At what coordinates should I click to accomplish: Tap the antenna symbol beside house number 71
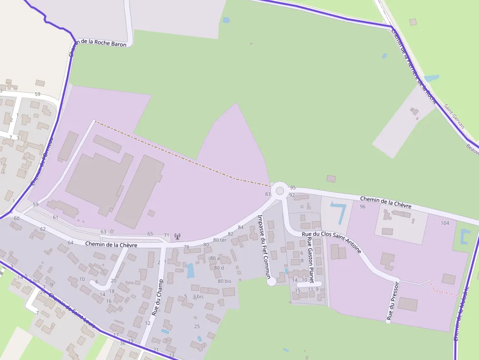(x=177, y=236)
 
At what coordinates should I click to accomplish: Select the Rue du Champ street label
(x=157, y=296)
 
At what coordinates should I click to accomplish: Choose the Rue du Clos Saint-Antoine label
(x=331, y=242)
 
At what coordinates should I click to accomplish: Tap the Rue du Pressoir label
(x=393, y=300)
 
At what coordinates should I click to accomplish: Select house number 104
(x=445, y=223)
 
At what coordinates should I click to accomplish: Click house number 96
(x=362, y=207)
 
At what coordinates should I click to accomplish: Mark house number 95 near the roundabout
(x=293, y=188)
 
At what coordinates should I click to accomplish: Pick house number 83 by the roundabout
(x=268, y=194)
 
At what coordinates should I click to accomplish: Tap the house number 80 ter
(x=219, y=240)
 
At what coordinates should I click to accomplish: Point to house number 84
(x=240, y=227)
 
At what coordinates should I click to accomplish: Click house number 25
(x=197, y=326)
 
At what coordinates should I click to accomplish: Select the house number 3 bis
(x=198, y=296)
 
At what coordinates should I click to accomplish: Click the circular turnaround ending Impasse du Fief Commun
(x=272, y=281)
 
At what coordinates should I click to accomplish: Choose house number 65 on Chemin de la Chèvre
(x=150, y=234)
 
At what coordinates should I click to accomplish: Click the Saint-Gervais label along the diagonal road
(x=453, y=113)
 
